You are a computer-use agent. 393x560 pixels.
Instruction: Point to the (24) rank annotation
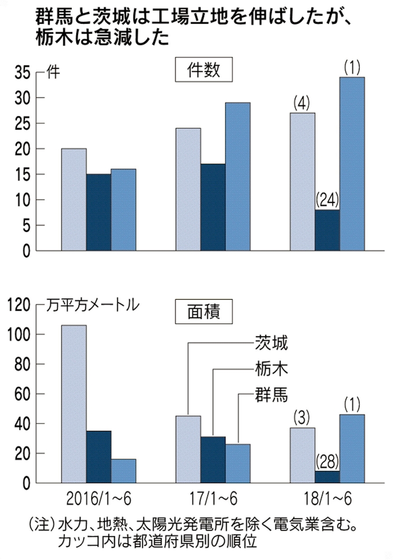coord(327,200)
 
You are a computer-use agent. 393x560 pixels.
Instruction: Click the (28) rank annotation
coord(327,462)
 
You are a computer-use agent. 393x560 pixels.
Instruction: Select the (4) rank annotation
coord(302,104)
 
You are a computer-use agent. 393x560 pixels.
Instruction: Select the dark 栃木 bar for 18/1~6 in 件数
coord(327,230)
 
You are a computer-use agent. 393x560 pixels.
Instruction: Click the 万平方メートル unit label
coord(92,304)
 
